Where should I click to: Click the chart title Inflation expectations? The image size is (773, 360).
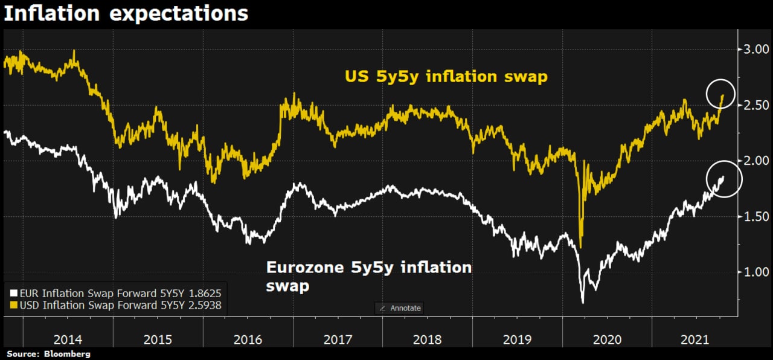(x=126, y=13)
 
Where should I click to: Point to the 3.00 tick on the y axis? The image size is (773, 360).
(x=755, y=50)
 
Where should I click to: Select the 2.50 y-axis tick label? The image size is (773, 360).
(x=755, y=105)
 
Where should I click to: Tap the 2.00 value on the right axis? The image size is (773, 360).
(x=755, y=161)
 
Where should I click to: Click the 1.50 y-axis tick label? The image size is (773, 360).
(x=755, y=216)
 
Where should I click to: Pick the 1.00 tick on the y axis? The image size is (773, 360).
(x=755, y=272)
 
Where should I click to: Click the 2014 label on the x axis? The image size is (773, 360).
(x=68, y=340)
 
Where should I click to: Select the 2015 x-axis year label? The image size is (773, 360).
(x=158, y=340)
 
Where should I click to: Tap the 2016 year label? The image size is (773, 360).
(x=248, y=340)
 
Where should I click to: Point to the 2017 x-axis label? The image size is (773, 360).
(x=338, y=340)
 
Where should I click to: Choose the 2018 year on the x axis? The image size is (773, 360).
(x=428, y=340)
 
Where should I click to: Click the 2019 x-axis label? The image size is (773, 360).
(x=518, y=340)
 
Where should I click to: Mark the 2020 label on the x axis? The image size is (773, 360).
(x=608, y=340)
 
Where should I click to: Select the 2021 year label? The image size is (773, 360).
(x=694, y=340)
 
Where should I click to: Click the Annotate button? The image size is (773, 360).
(x=400, y=308)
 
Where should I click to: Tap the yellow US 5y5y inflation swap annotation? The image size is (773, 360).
(x=446, y=77)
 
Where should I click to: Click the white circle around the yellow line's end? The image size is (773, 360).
(x=719, y=94)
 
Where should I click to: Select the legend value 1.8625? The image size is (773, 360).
(x=208, y=293)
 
